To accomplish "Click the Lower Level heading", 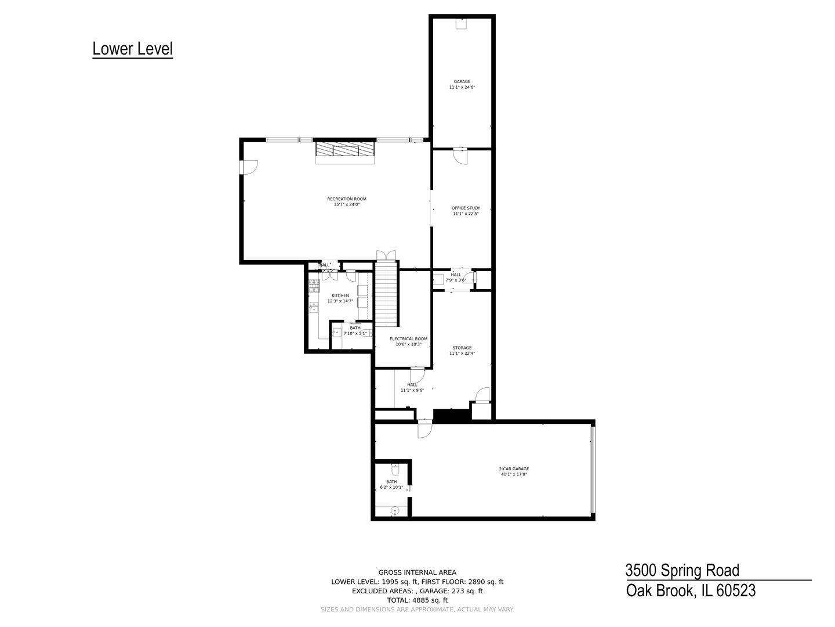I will tap(133, 49).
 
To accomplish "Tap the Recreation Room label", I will tap(347, 199).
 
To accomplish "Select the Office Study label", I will tap(466, 208).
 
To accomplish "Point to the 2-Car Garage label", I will tap(514, 469).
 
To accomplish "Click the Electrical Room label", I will tap(408, 339).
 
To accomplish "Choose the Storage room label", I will tap(462, 348).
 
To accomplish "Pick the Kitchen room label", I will tap(340, 296).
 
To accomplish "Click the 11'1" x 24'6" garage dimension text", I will tap(462, 88).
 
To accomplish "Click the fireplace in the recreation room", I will tap(346, 150).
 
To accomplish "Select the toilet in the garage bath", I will tap(395, 467).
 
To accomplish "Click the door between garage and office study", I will tap(460, 156).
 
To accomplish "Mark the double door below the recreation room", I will tap(386, 255).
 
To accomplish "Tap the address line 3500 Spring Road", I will tap(682, 570).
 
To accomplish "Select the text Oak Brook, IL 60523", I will tap(691, 591).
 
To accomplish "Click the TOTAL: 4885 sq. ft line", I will tap(418, 600).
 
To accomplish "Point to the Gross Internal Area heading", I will tap(418, 572).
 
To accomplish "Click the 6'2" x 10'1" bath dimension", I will tap(391, 488).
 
